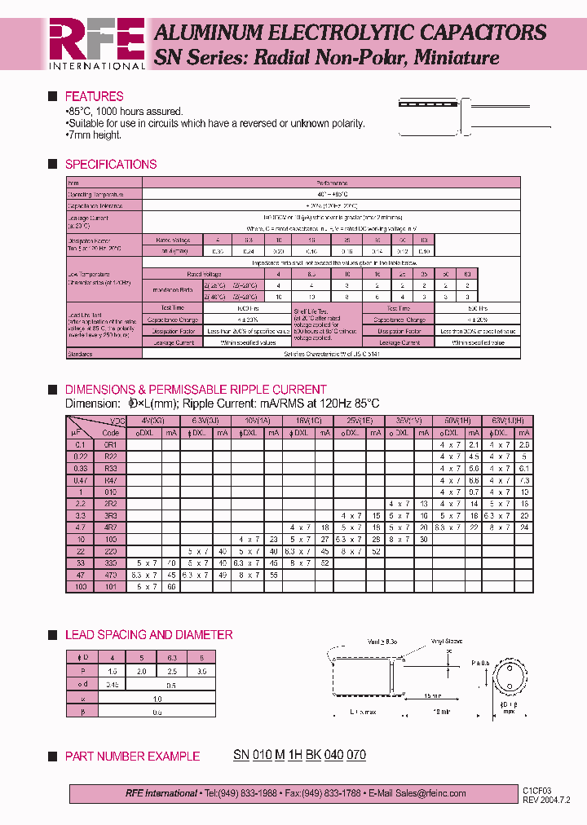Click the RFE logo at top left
click(x=96, y=42)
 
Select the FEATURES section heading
click(x=94, y=96)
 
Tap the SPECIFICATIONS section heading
click(x=110, y=164)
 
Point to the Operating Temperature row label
click(x=95, y=195)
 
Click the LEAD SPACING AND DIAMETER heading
click(x=148, y=634)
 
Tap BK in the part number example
click(x=313, y=755)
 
